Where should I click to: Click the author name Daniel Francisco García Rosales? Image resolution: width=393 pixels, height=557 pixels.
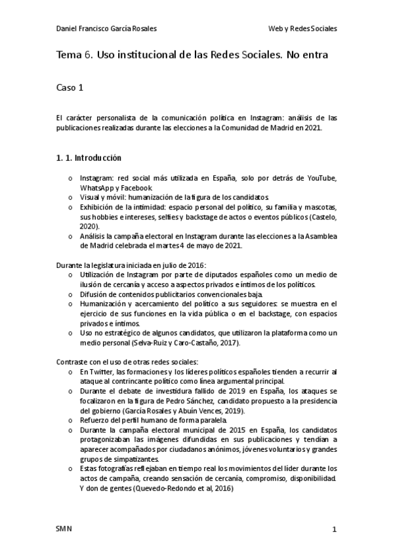tap(107, 29)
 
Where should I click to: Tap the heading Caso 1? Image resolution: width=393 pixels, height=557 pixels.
tap(71, 86)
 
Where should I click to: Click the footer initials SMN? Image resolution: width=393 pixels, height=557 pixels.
tap(64, 529)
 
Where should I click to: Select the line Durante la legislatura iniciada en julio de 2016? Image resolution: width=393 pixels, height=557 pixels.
tap(132, 265)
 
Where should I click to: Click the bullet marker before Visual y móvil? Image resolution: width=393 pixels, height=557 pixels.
tap(70, 197)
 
